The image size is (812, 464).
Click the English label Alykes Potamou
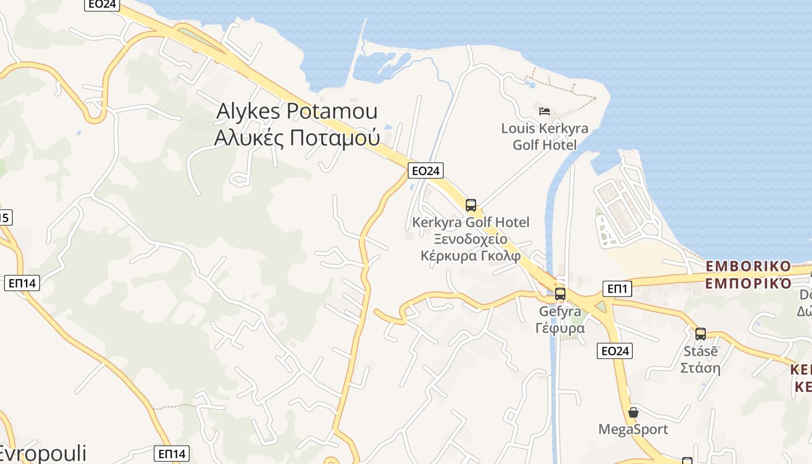[296, 111]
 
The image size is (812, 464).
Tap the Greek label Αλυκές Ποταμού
[296, 138]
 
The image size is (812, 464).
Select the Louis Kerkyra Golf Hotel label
[545, 136]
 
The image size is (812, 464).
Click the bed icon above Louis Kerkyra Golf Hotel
[544, 111]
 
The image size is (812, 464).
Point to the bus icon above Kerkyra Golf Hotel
[471, 205]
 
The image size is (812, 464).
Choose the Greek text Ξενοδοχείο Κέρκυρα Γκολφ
[470, 248]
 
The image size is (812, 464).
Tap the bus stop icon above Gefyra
[560, 293]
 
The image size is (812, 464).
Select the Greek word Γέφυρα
[560, 328]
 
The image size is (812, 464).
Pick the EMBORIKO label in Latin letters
[748, 267]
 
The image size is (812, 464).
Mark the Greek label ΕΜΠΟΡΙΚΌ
[748, 284]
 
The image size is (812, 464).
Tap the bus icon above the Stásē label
[701, 333]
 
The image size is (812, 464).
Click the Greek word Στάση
[700, 368]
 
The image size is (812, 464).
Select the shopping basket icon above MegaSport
[633, 412]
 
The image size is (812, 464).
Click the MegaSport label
[633, 429]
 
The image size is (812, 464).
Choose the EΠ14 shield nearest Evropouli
[172, 454]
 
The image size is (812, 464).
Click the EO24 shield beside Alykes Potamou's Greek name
[426, 171]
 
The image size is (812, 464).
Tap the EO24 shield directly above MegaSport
[615, 350]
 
